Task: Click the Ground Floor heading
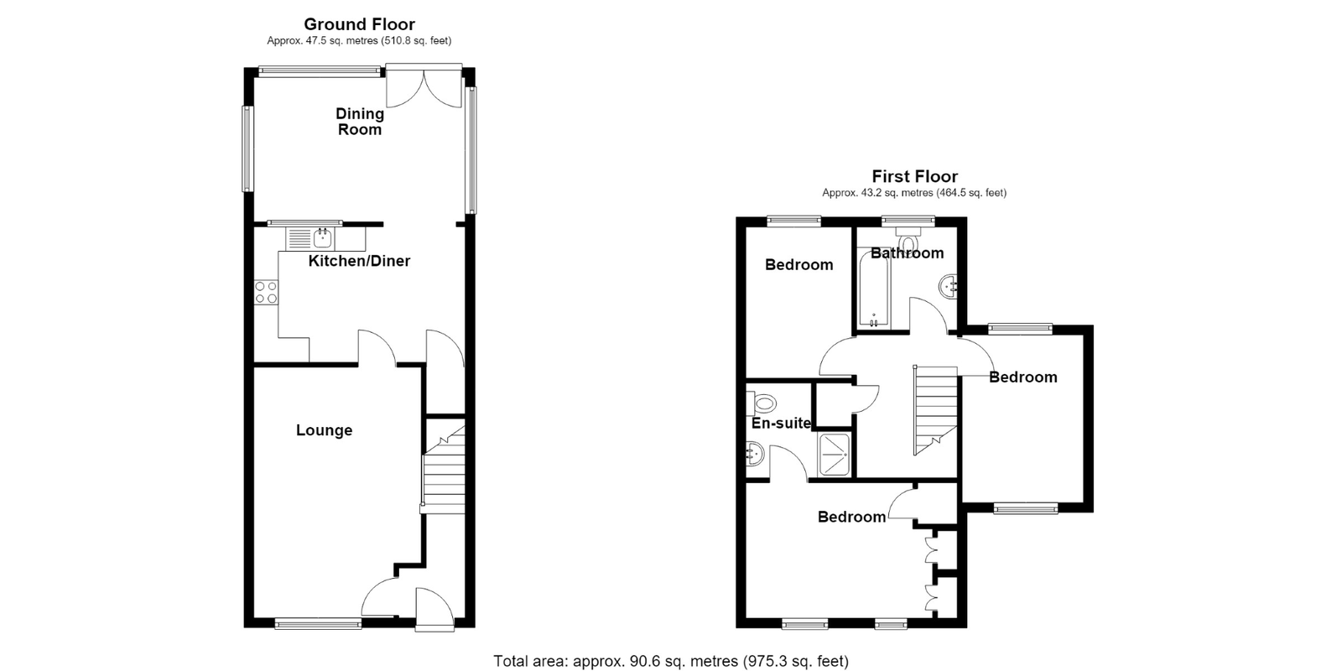point(360,24)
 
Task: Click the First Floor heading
point(914,177)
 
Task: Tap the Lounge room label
point(324,430)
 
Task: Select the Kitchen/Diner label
point(359,261)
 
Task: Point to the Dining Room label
point(360,122)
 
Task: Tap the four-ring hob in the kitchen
point(266,293)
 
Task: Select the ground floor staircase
point(444,466)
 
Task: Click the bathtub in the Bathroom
point(873,290)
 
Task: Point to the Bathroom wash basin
point(948,286)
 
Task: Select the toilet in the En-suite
point(761,403)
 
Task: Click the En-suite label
point(781,424)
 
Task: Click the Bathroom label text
point(907,253)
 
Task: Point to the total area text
point(671,662)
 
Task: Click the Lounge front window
point(318,624)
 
